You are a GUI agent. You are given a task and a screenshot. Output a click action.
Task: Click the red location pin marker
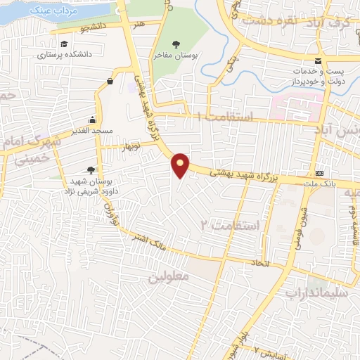click(x=181, y=165)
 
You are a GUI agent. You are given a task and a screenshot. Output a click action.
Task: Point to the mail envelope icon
click(x=319, y=61)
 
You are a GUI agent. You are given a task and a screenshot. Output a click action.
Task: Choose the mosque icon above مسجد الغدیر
click(x=92, y=119)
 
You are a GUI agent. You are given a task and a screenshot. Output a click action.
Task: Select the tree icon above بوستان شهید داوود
click(x=91, y=169)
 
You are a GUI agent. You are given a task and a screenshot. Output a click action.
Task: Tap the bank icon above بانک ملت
click(x=321, y=173)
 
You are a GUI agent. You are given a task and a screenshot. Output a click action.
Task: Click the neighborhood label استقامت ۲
click(x=230, y=225)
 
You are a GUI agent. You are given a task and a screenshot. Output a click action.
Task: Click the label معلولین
click(x=169, y=276)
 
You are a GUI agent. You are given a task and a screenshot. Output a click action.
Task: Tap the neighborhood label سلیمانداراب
click(x=311, y=290)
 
